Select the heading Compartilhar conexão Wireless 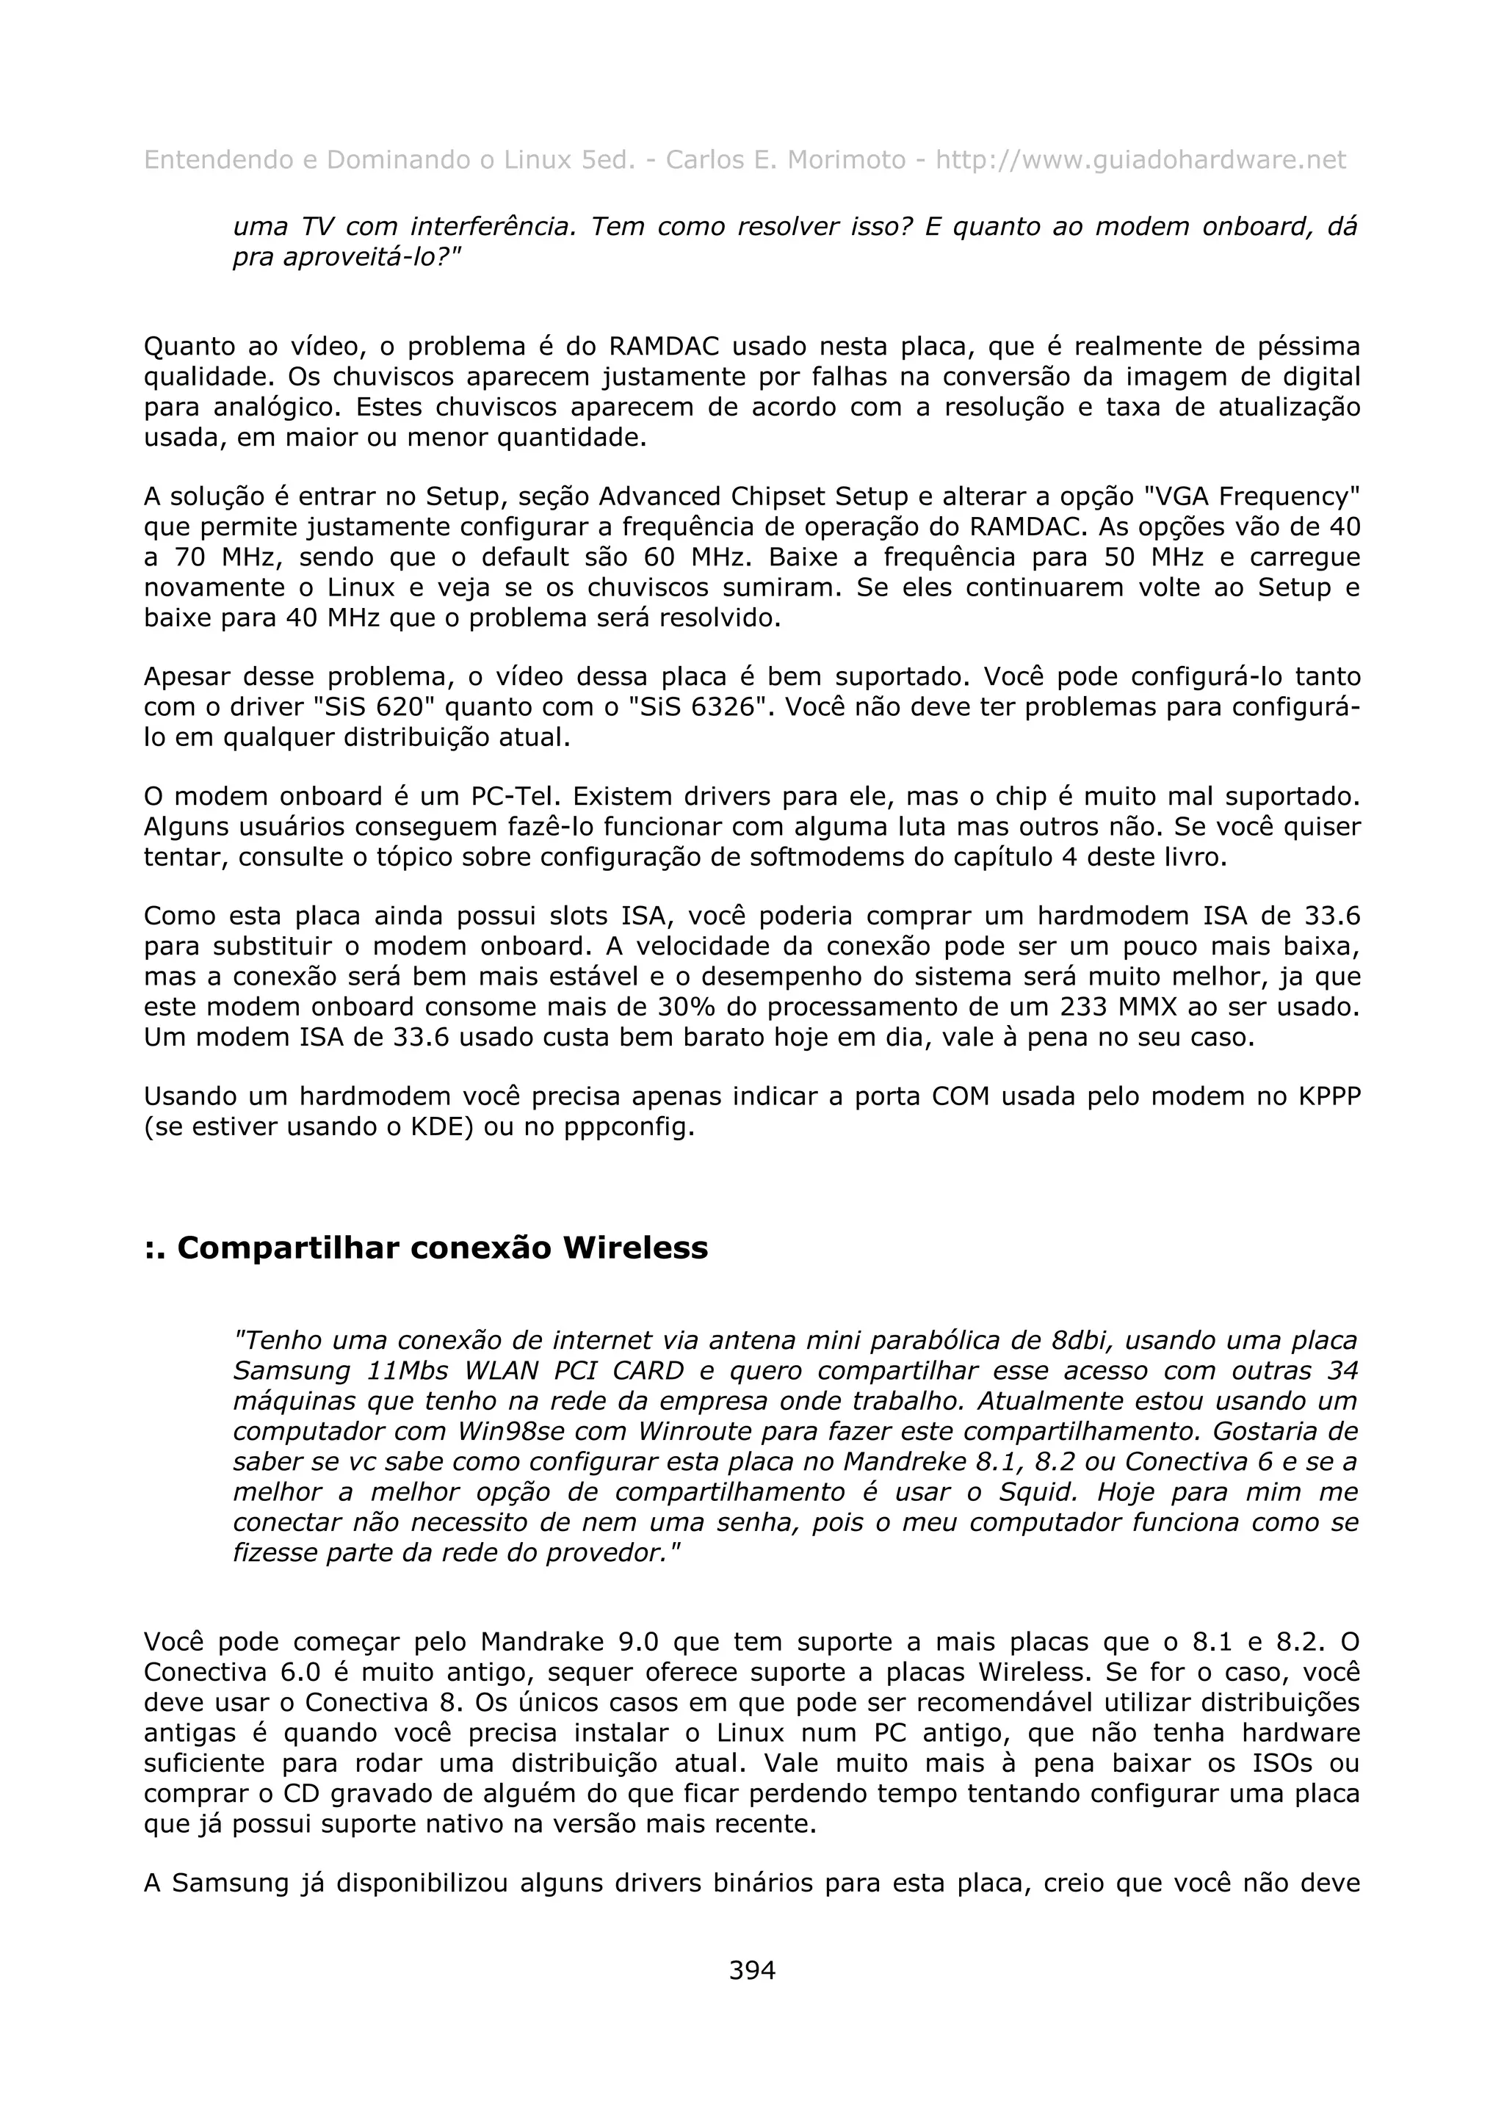coord(426,1248)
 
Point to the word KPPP coord(1329,1096)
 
